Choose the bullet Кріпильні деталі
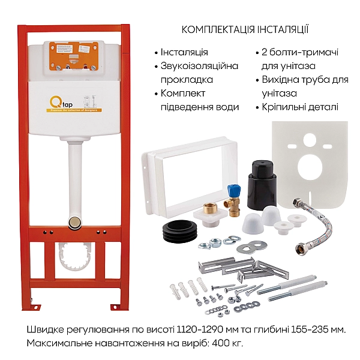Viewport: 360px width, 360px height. coord(300,107)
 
